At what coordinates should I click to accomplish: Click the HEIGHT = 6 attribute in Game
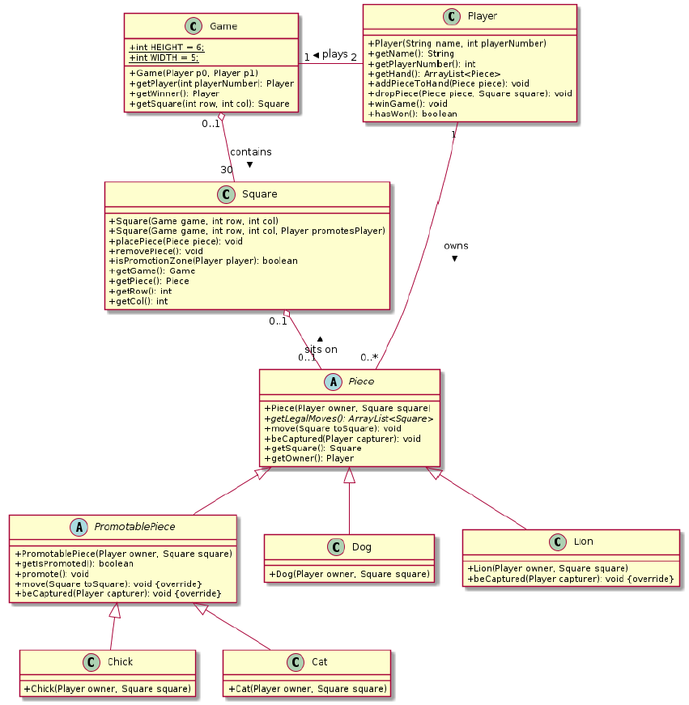tap(167, 47)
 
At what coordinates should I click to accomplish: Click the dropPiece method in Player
tap(470, 93)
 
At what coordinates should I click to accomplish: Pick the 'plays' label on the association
tap(334, 54)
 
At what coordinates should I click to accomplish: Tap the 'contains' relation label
tap(250, 151)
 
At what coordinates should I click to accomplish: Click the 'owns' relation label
tap(456, 245)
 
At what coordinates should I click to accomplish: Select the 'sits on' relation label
tap(321, 349)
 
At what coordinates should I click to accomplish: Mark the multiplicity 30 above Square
tap(226, 169)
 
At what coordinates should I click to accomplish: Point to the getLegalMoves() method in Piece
tap(349, 418)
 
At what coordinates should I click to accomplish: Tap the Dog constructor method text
tap(348, 574)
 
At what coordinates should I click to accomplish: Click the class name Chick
tap(120, 661)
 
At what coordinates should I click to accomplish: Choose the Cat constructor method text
tap(308, 689)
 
